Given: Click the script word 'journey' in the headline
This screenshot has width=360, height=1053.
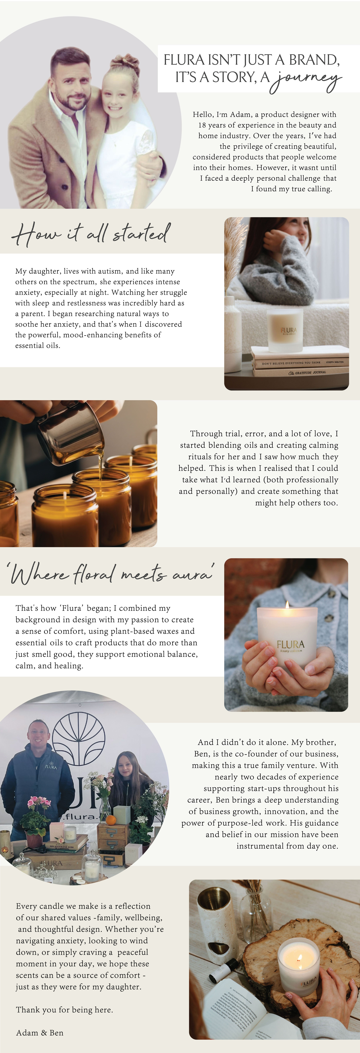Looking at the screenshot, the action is click(306, 80).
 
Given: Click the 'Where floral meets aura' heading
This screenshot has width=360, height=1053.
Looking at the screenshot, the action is click(110, 573).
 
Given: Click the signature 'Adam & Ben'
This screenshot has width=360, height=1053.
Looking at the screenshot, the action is click(40, 1033).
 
